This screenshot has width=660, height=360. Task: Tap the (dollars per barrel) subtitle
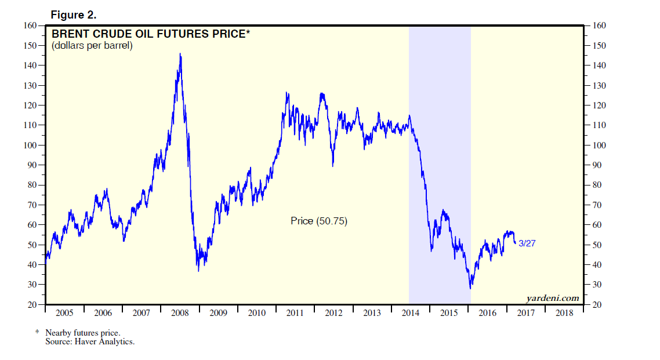point(92,45)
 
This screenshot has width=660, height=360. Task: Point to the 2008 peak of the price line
point(180,54)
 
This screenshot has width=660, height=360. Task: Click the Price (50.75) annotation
point(318,221)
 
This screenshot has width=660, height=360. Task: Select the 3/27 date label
point(527,243)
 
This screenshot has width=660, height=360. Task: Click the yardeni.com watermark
point(552,298)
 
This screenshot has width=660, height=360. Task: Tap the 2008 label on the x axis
point(179,313)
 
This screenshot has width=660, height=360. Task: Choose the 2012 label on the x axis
point(333,313)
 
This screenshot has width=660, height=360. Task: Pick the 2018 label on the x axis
point(564,313)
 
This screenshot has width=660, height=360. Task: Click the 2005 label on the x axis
point(64,313)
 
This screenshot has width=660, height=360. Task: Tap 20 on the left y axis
point(33,304)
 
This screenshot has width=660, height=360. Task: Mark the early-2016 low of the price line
point(470,288)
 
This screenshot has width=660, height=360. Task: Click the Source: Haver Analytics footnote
point(90,342)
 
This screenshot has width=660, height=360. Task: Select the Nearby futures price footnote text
point(82,333)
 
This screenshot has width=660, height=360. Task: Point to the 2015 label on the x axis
point(449,313)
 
